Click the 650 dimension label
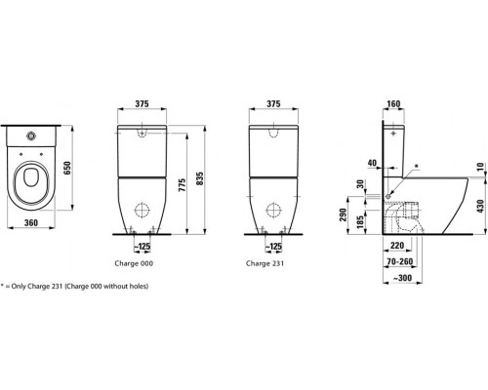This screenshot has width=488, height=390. (66, 168)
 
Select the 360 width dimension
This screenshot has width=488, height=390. (31, 222)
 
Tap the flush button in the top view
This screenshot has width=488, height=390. (32, 136)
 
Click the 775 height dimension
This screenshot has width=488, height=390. (183, 184)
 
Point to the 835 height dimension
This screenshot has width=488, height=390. (199, 178)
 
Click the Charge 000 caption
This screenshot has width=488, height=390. (134, 263)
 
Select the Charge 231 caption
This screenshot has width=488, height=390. (264, 263)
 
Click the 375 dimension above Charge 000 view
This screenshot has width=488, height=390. (142, 103)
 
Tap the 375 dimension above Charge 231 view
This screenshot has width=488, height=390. (273, 103)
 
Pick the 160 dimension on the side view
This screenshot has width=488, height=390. (394, 104)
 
